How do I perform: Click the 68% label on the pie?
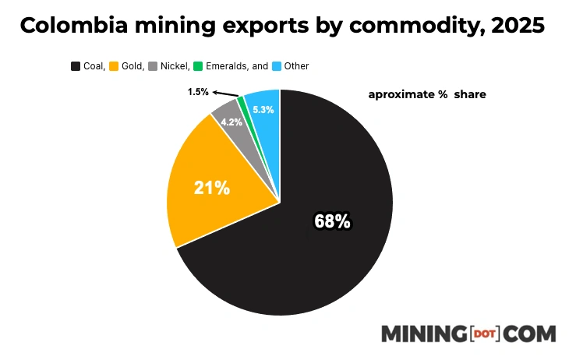click(332, 222)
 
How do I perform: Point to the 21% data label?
click(212, 188)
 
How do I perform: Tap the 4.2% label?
click(231, 122)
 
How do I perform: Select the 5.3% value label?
click(263, 110)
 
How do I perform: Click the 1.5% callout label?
click(198, 92)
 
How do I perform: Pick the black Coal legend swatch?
click(76, 66)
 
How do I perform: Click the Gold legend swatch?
click(113, 66)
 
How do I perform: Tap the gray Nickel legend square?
click(154, 66)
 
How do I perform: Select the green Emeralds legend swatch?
click(198, 66)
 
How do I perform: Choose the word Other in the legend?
click(297, 66)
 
